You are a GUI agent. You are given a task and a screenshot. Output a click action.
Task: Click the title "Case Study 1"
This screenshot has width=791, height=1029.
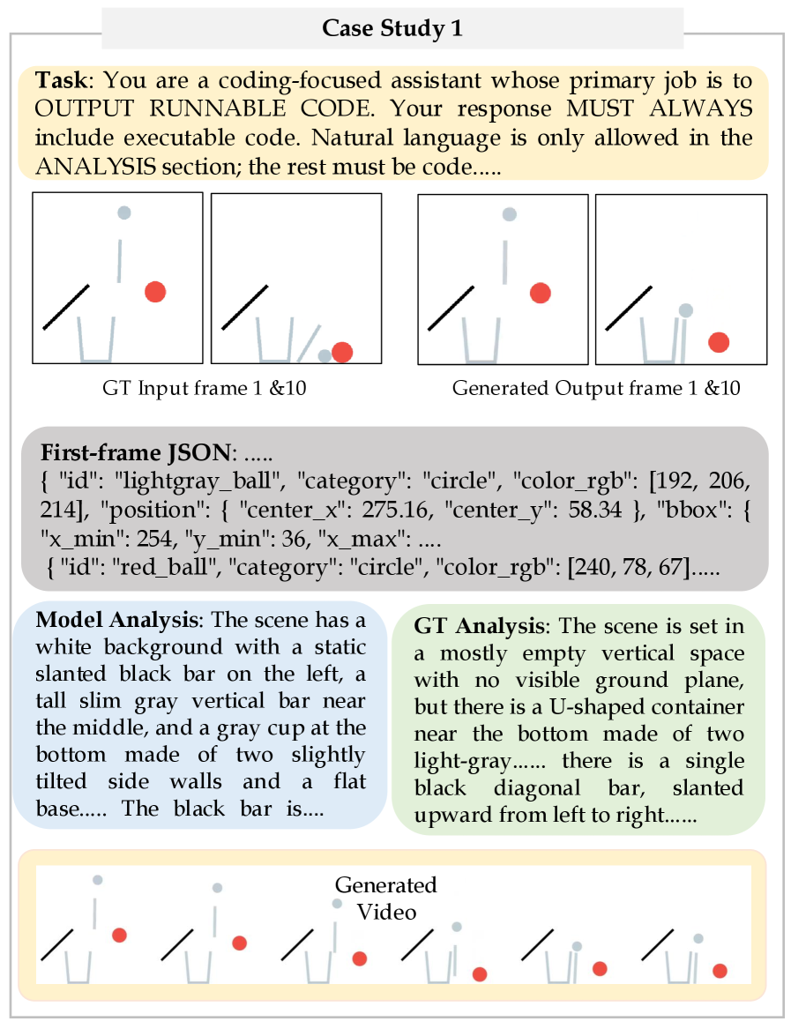click(x=392, y=28)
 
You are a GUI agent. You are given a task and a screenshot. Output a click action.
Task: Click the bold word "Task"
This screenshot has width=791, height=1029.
click(x=61, y=81)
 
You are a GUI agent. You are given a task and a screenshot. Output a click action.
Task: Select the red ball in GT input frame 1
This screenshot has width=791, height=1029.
click(x=155, y=292)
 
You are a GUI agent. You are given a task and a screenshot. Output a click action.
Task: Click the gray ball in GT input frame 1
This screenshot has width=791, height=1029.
click(x=124, y=213)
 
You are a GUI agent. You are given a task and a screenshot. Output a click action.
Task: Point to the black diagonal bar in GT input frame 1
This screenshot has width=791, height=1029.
click(x=66, y=307)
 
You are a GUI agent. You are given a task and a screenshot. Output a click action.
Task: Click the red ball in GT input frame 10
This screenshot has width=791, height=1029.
click(x=342, y=352)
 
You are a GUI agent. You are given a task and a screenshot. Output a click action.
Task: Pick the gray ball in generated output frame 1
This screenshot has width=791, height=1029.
click(x=509, y=213)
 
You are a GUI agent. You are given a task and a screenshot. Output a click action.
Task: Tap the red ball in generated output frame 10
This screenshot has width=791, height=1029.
click(x=719, y=342)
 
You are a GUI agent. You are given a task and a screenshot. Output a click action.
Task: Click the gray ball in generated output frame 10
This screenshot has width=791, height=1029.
click(x=685, y=310)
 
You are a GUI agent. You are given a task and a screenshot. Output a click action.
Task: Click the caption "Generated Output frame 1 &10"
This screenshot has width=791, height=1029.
click(x=596, y=388)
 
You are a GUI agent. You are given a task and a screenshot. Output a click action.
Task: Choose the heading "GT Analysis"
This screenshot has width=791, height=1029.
click(x=478, y=627)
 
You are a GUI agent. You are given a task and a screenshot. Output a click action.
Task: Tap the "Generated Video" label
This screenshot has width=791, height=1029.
click(x=385, y=897)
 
